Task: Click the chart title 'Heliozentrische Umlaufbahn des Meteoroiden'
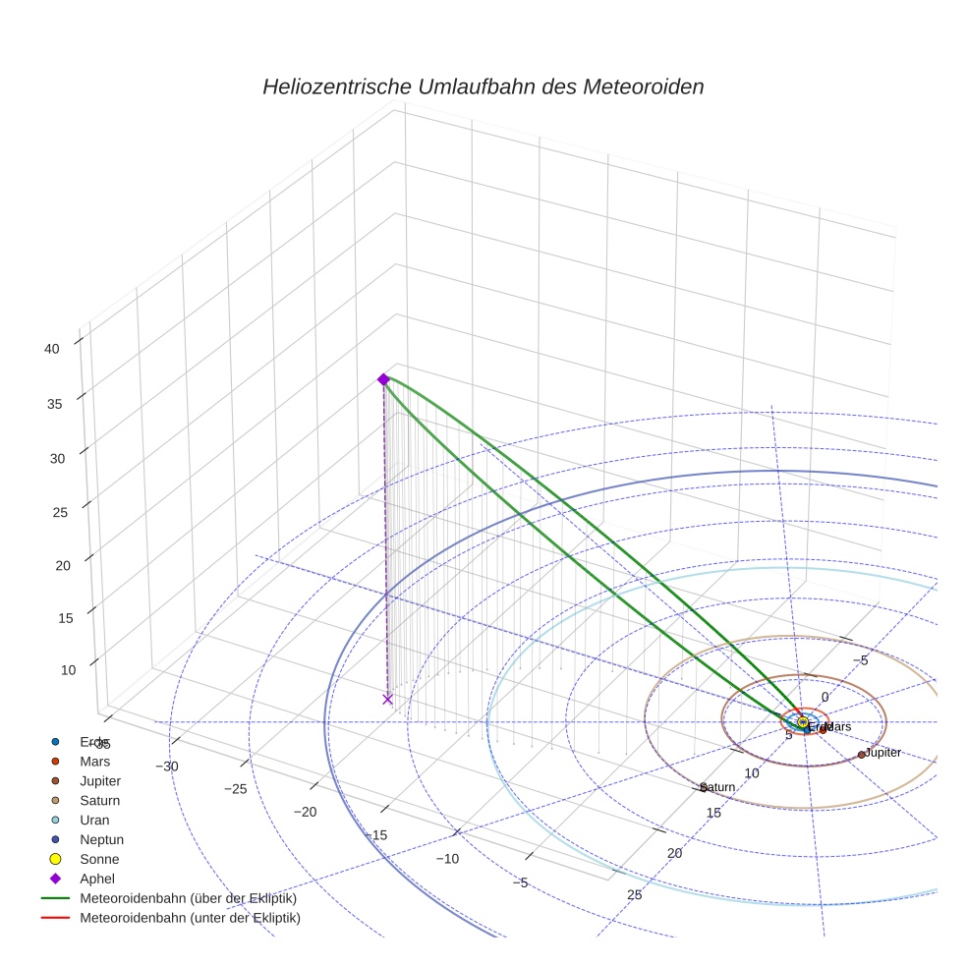pyautogui.click(x=483, y=86)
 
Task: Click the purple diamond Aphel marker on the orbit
pyautogui.click(x=383, y=379)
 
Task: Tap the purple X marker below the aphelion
pyautogui.click(x=387, y=699)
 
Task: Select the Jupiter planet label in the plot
pyautogui.click(x=882, y=753)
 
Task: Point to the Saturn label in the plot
pyautogui.click(x=718, y=787)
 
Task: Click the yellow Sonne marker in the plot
pyautogui.click(x=803, y=722)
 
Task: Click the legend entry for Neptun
pyautogui.click(x=101, y=839)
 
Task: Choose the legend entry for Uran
pyautogui.click(x=94, y=820)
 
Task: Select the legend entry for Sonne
pyautogui.click(x=99, y=859)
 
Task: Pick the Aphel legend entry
pyautogui.click(x=97, y=879)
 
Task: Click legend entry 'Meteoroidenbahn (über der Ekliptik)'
pyautogui.click(x=188, y=898)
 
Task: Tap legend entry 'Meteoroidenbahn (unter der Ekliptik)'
pyautogui.click(x=190, y=918)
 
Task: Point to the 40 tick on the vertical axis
pyautogui.click(x=53, y=347)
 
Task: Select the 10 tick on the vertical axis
pyautogui.click(x=69, y=670)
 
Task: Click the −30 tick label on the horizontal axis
pyautogui.click(x=165, y=766)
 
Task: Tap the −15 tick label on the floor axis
pyautogui.click(x=374, y=834)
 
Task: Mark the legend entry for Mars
pyautogui.click(x=94, y=761)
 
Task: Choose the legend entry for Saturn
pyautogui.click(x=100, y=800)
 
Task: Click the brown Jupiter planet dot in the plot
pyautogui.click(x=862, y=755)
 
